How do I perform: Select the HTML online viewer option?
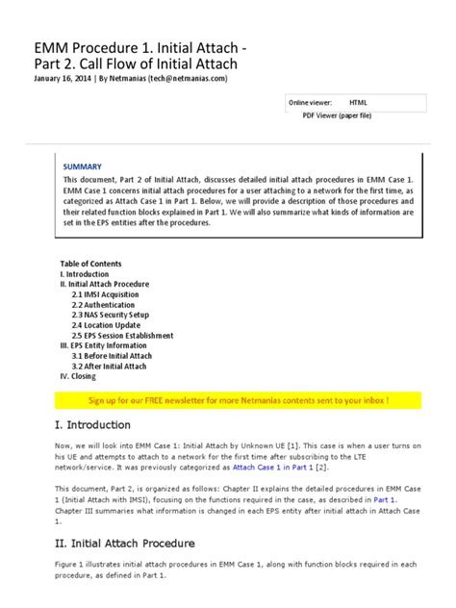click(357, 101)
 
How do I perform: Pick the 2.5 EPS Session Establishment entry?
click(128, 336)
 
